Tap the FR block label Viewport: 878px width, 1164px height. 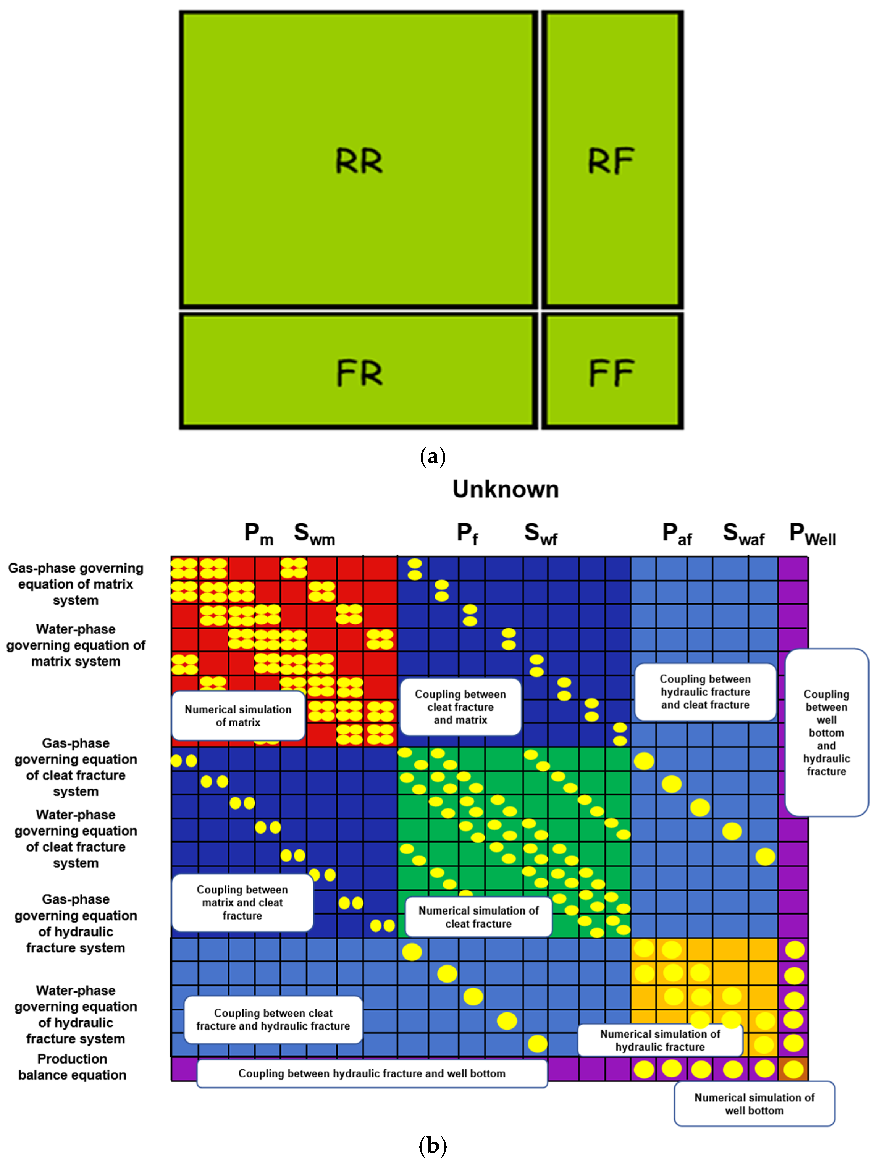359,373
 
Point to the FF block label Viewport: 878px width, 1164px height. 611,373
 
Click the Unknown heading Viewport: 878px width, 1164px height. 506,489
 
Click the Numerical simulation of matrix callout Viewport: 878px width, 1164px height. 238,716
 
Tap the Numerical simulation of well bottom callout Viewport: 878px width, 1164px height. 754,1104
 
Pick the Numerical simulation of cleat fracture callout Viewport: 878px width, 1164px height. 479,917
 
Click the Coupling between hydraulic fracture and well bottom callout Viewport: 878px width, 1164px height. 372,1073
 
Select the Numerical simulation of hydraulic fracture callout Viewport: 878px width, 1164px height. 660,1040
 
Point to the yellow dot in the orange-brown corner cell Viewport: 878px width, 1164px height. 794,1069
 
